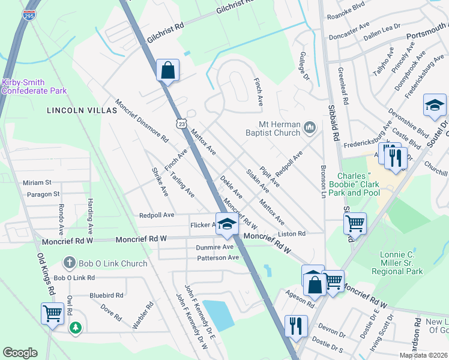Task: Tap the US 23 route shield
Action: (x=190, y=122)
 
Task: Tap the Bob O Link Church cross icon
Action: (x=70, y=263)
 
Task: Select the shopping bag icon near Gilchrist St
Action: (x=167, y=70)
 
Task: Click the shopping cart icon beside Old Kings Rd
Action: (x=52, y=313)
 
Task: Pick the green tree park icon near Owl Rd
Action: (x=75, y=328)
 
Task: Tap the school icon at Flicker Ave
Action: (x=226, y=224)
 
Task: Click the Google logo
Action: (x=20, y=353)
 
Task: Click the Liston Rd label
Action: (x=292, y=233)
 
